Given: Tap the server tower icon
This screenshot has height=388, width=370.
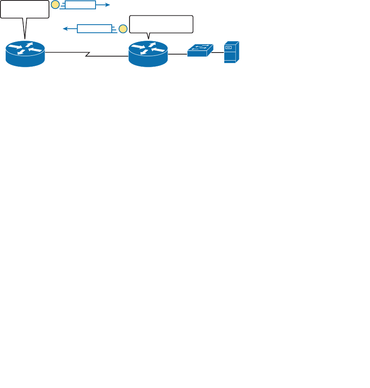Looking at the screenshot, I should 231,52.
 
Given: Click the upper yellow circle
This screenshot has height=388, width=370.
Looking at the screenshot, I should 55,5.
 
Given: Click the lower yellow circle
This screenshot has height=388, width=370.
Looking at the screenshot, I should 123,29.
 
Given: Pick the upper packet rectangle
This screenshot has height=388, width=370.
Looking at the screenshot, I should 80,5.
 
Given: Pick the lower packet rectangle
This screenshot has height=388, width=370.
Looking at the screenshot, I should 94,29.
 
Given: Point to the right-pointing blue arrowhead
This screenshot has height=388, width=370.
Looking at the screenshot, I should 107,5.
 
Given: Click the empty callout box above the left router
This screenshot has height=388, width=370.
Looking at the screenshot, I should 25,9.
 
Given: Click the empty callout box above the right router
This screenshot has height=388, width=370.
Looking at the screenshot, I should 161,24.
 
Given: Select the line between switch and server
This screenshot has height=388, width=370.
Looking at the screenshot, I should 219,52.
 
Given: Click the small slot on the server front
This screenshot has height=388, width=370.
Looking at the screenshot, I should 229,47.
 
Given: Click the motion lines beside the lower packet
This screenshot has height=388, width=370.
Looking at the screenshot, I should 115,29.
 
